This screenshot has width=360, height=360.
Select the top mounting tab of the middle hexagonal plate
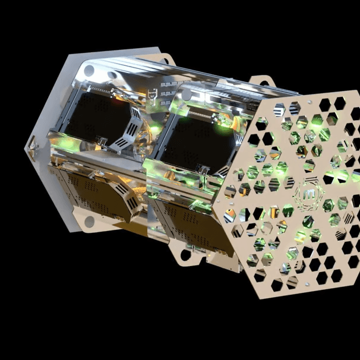click(260, 81)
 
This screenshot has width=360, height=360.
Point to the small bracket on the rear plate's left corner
click(31, 143)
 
